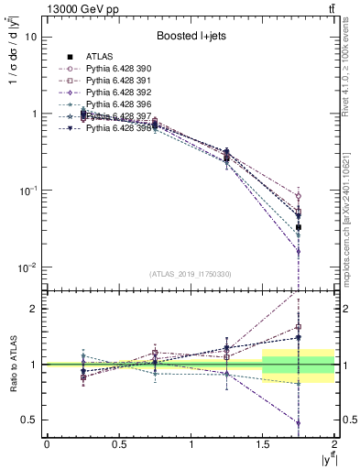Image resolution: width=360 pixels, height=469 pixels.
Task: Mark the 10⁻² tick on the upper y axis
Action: click(x=27, y=267)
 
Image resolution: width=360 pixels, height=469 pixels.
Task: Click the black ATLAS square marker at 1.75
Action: click(x=299, y=227)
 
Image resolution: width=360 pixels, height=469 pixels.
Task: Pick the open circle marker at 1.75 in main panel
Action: click(x=299, y=196)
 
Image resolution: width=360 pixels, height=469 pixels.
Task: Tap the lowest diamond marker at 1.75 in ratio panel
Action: click(x=299, y=423)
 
